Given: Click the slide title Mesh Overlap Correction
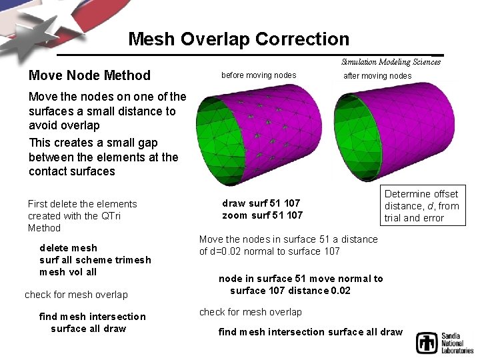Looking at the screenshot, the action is [238, 39].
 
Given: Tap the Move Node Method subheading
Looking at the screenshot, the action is [89, 75].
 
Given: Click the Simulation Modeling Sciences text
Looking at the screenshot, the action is [391, 62].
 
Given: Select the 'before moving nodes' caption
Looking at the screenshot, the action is [259, 75].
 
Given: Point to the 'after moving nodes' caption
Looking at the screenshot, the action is [377, 76].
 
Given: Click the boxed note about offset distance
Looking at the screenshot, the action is [421, 206].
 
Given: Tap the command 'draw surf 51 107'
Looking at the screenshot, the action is [261, 203].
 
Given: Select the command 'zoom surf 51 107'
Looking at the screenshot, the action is [262, 215].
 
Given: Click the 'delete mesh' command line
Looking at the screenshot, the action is [68, 248].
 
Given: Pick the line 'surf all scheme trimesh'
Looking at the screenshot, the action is [95, 260].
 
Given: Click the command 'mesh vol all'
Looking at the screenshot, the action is [68, 272].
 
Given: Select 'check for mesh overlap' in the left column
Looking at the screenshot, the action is [76, 295].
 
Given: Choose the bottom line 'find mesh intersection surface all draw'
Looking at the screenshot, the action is [310, 332].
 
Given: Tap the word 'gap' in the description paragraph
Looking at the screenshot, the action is [145, 142].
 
